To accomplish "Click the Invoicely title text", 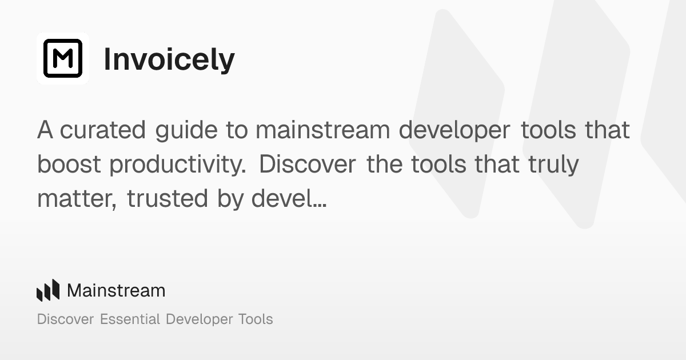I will (169, 59).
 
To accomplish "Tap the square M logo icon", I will (63, 58).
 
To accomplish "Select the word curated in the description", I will (103, 130).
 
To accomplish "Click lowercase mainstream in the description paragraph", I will (322, 130).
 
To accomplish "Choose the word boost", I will (69, 165).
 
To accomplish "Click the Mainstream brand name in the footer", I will (116, 291).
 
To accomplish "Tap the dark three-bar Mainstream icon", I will (48, 290).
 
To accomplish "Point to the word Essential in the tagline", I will (130, 319).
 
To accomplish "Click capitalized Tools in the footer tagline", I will (255, 319).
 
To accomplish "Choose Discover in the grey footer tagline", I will (65, 319).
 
